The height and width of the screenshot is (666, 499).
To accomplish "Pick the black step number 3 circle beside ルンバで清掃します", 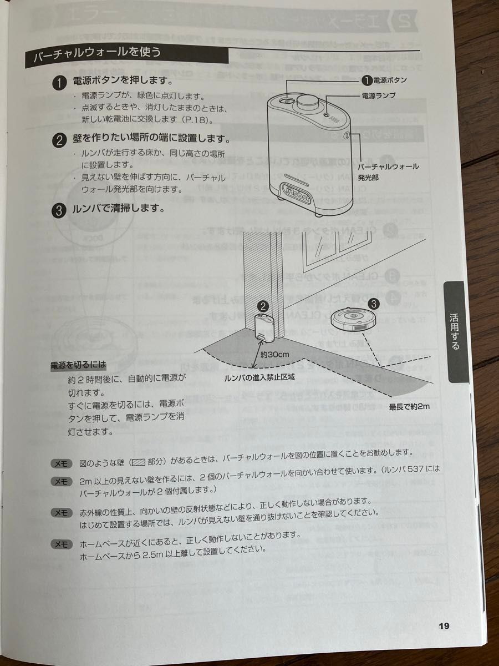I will coord(60,210).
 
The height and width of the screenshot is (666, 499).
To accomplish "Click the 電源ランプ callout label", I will coord(379,95).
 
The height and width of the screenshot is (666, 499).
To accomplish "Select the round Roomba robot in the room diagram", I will coord(352,319).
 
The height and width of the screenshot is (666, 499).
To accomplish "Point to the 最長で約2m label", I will coord(409,407).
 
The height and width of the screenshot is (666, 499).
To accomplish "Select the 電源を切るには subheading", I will coord(78,365).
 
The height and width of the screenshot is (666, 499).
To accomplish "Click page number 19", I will coord(443,625).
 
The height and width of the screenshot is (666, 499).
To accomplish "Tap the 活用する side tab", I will coord(455,333).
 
